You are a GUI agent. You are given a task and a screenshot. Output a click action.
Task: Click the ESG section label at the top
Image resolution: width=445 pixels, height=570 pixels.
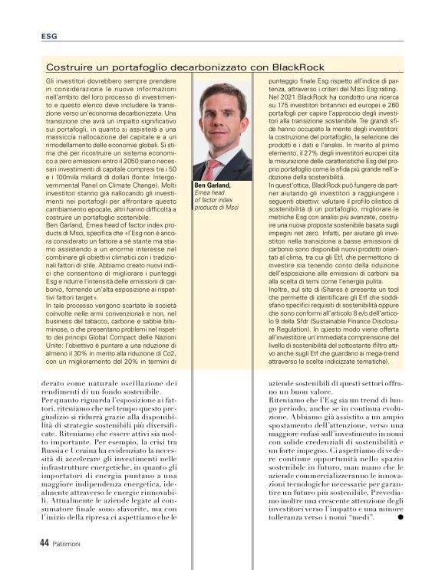(x=49, y=36)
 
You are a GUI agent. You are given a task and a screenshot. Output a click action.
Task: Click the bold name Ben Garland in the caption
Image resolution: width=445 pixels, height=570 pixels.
(x=212, y=185)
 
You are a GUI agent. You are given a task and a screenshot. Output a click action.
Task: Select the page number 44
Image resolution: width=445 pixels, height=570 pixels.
(x=44, y=541)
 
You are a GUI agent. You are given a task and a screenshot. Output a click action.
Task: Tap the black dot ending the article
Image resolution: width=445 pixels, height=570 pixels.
(x=400, y=519)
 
